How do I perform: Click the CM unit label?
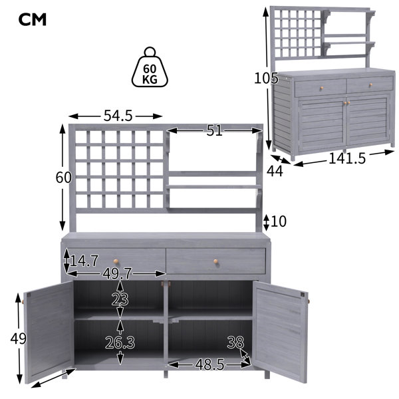(x=33, y=19)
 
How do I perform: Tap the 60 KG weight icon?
(x=150, y=67)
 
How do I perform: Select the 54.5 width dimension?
(x=118, y=116)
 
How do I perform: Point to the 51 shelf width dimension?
(x=214, y=130)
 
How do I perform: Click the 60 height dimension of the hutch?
(x=63, y=178)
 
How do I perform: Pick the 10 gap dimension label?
(x=279, y=221)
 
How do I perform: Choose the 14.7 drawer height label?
(x=84, y=261)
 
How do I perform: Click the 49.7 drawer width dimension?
(x=117, y=274)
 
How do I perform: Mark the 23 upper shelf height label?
(x=120, y=299)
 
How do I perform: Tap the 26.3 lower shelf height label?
(x=120, y=342)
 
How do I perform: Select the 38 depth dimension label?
(x=235, y=342)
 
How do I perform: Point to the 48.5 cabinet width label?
(x=209, y=364)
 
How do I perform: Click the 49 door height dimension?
(x=19, y=338)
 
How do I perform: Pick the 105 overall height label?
(x=266, y=78)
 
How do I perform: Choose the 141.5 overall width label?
(x=347, y=158)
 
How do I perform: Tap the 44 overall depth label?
(x=275, y=171)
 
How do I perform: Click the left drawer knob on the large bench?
(x=116, y=261)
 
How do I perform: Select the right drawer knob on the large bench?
(x=215, y=261)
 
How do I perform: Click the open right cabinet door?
(x=280, y=331)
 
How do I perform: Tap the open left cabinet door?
(x=49, y=331)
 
